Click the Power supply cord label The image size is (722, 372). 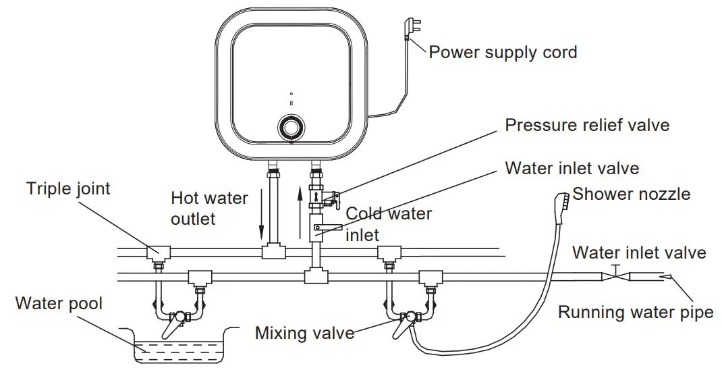point(503,52)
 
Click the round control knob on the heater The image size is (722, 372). point(291,128)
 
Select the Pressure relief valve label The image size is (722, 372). point(587,125)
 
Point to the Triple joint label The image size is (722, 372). point(68,188)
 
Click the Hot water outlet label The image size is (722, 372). point(209,208)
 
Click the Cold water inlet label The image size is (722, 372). point(389,224)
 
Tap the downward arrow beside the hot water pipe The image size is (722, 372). point(261,216)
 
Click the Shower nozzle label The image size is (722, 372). point(632,194)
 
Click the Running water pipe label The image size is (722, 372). point(635,313)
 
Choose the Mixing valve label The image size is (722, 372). point(304,333)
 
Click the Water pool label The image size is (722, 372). point(59,303)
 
